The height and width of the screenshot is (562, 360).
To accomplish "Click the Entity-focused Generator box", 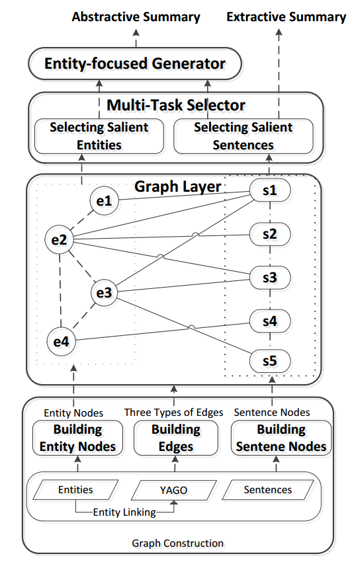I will (x=135, y=64).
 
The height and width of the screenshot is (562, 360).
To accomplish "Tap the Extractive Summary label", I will (x=286, y=17).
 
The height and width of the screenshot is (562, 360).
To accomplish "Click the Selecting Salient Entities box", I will (x=99, y=136).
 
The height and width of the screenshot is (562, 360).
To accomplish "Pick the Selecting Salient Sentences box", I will (x=243, y=136).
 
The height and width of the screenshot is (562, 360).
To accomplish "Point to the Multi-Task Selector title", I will (x=176, y=105).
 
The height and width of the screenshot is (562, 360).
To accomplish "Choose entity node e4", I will (x=61, y=341).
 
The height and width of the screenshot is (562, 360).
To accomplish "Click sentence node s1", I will (x=269, y=190).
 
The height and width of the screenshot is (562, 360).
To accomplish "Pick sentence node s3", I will (x=269, y=278).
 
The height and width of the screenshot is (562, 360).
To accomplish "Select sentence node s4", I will (x=269, y=321).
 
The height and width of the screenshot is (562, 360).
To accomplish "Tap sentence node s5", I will (x=269, y=362).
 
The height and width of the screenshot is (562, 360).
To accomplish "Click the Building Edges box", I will (x=175, y=438).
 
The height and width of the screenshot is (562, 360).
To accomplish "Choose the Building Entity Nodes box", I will (x=77, y=438).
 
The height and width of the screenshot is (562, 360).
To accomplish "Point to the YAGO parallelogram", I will (x=175, y=490).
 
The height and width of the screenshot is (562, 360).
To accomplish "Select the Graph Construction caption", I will (x=178, y=543).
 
